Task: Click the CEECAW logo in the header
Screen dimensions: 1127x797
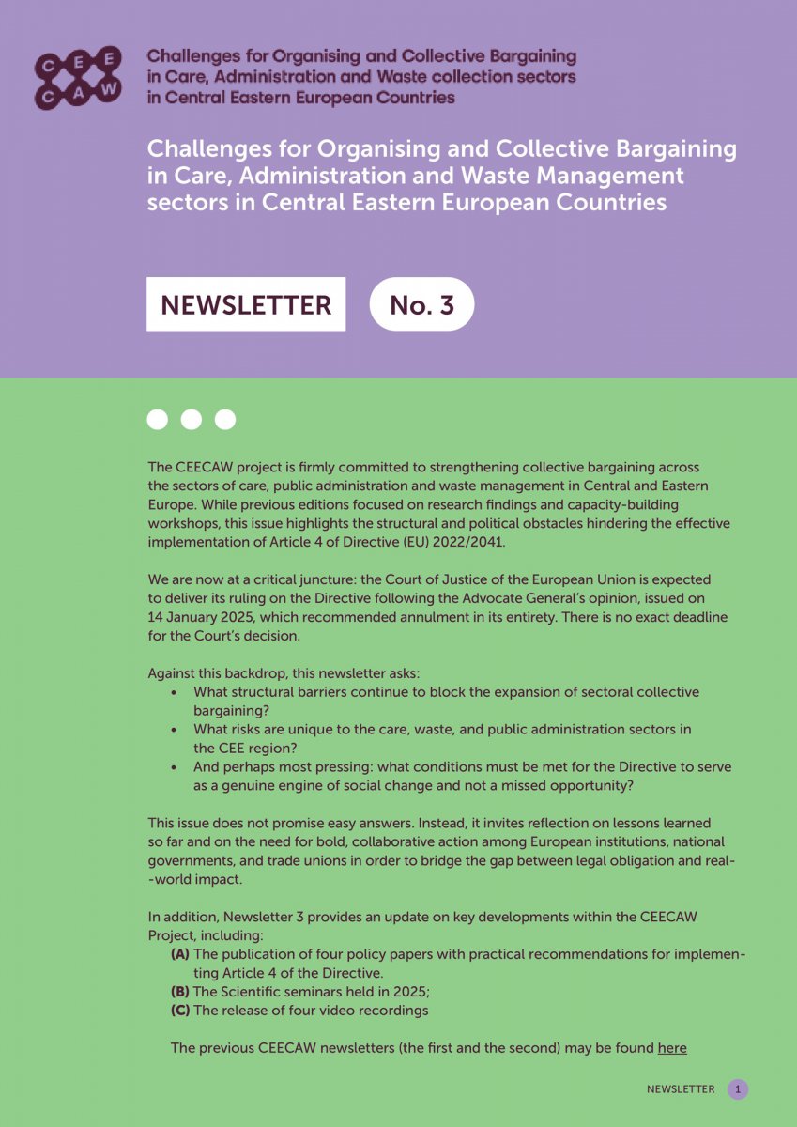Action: pos(78,76)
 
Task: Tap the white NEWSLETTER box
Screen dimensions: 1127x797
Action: pos(246,304)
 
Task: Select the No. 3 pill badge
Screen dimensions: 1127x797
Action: pos(421,304)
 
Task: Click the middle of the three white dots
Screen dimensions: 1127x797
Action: pos(192,420)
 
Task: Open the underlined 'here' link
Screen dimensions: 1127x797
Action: pos(672,1048)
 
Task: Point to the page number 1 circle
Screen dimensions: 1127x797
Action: pos(738,1089)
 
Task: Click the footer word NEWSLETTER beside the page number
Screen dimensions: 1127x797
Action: pos(681,1089)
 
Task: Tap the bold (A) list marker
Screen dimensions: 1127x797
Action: pos(180,954)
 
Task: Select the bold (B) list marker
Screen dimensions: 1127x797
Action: pos(180,992)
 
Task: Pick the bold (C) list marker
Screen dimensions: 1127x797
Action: pos(180,1011)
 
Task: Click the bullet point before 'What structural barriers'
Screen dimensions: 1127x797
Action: pos(175,692)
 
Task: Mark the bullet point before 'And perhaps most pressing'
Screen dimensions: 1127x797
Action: pos(175,767)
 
